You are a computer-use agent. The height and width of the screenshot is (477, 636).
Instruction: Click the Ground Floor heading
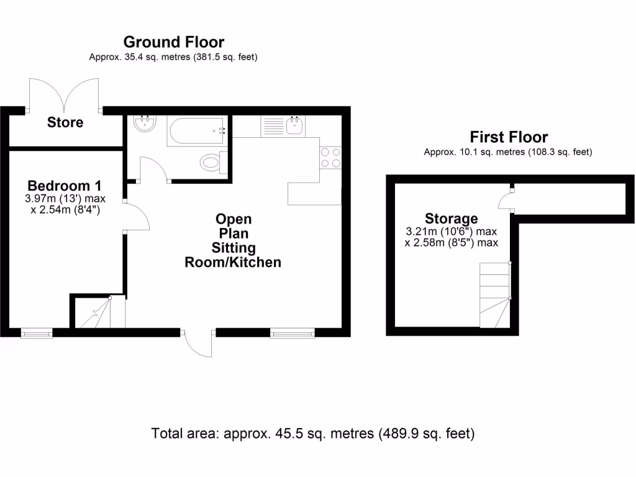coord(173,42)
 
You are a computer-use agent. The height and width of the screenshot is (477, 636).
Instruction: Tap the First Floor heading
coord(508,137)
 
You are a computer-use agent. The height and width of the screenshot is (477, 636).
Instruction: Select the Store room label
coord(65,122)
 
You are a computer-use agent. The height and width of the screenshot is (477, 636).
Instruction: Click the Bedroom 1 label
coord(65,186)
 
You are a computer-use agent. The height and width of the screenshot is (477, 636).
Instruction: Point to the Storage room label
coord(451,219)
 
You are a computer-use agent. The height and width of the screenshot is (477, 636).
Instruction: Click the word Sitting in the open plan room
coord(233,248)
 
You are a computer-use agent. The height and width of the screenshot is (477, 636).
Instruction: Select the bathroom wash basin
coord(145,123)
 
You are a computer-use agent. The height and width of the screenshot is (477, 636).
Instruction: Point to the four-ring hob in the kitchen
coord(330,157)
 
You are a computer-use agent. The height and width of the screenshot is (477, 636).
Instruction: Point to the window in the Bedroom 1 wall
coord(37,334)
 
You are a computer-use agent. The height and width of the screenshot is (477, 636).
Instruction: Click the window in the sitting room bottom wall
coord(293,334)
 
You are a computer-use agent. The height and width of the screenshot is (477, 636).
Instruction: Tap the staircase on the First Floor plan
coord(494,294)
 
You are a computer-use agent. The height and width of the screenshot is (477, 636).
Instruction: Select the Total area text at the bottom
coord(313,433)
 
